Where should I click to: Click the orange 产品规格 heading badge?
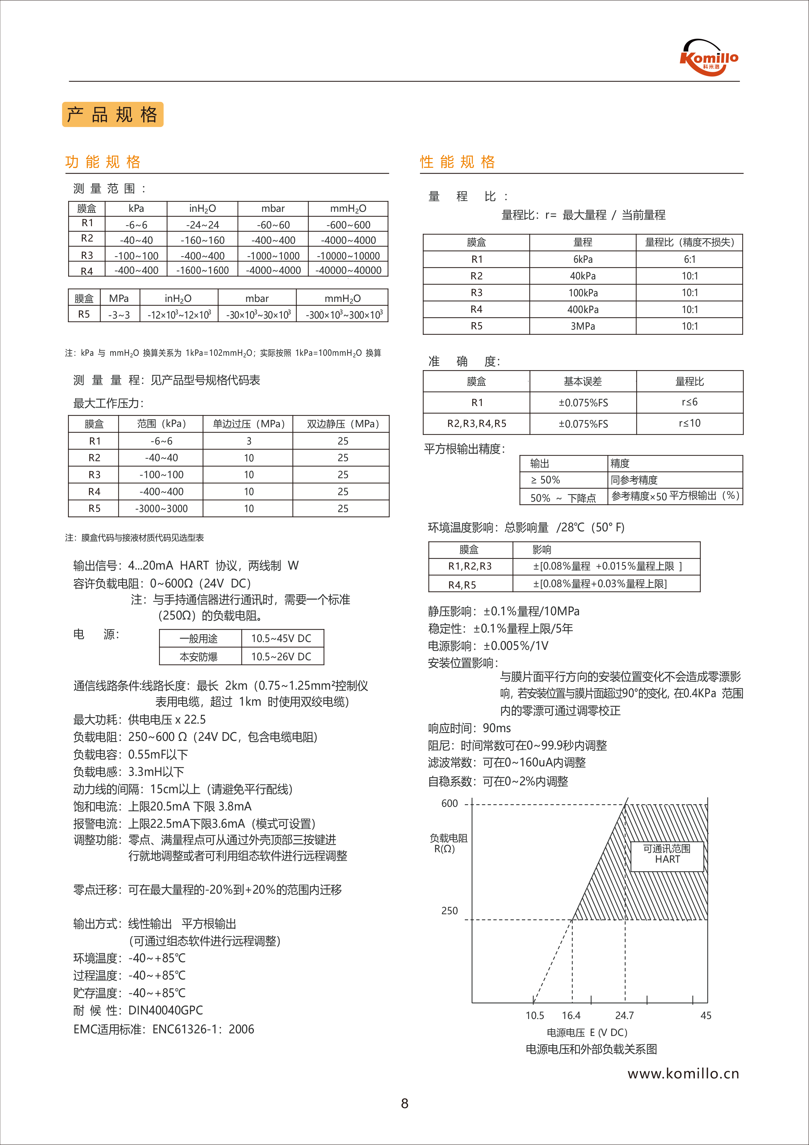coord(113,115)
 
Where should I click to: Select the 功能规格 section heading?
coord(103,162)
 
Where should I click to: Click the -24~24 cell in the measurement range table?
coord(202,225)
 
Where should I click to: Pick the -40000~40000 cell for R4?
coord(348,270)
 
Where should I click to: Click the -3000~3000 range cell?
coord(161,509)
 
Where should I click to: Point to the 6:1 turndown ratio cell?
coord(689,259)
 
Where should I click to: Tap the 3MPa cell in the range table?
coord(583,326)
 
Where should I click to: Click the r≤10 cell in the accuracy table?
coord(689,423)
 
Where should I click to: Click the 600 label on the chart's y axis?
coord(449,803)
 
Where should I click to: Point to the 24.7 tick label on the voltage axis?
coord(624,1016)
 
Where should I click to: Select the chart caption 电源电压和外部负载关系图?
coord(591,1050)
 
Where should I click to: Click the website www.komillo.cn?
coord(683,1074)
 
